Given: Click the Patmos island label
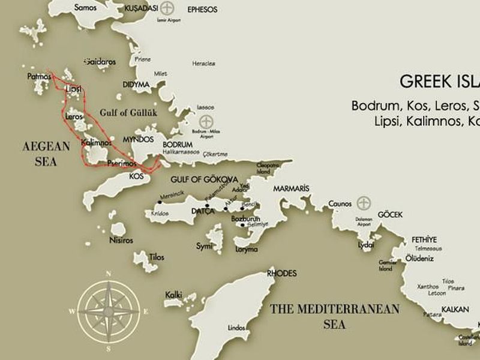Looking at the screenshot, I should click(39, 76).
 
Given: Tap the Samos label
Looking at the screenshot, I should click(85, 8).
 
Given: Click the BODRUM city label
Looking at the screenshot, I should click(178, 145).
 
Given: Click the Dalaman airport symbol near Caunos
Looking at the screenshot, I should click(363, 202).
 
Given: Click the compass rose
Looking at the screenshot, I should click(109, 310).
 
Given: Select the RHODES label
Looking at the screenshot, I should click(282, 274).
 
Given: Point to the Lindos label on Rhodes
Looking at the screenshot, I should click(237, 328).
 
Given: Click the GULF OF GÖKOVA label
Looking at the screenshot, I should click(205, 179).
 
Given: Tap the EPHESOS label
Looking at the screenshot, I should click(203, 10).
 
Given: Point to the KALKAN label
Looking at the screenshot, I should click(455, 310).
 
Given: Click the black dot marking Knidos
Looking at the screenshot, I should click(159, 202).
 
